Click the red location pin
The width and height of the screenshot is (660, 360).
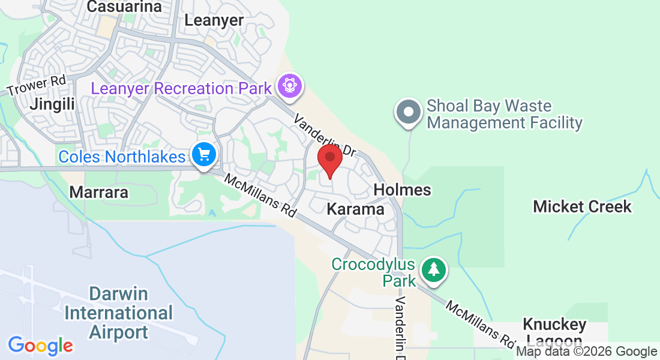coord(329,159)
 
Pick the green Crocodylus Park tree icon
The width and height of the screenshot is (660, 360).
coord(434,269)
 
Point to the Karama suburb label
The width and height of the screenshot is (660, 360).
coord(356,209)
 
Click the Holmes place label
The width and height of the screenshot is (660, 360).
coord(402,190)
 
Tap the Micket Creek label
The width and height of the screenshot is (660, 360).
coord(582,207)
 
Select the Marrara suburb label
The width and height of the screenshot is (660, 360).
coord(99,193)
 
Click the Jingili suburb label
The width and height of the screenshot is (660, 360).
coord(53,104)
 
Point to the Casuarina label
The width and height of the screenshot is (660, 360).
coord(125,7)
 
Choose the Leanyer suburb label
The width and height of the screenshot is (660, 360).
coord(214,20)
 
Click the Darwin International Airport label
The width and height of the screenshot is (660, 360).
coord(118,313)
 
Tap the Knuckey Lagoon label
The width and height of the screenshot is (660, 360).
coord(554,332)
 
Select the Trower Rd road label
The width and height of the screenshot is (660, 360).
coord(36,86)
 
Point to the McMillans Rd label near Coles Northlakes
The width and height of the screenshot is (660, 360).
coord(260,196)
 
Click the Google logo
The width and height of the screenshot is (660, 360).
coord(40,346)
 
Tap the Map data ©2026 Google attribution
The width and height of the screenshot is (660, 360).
coord(586,352)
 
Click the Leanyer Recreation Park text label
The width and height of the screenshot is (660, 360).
coord(181,89)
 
